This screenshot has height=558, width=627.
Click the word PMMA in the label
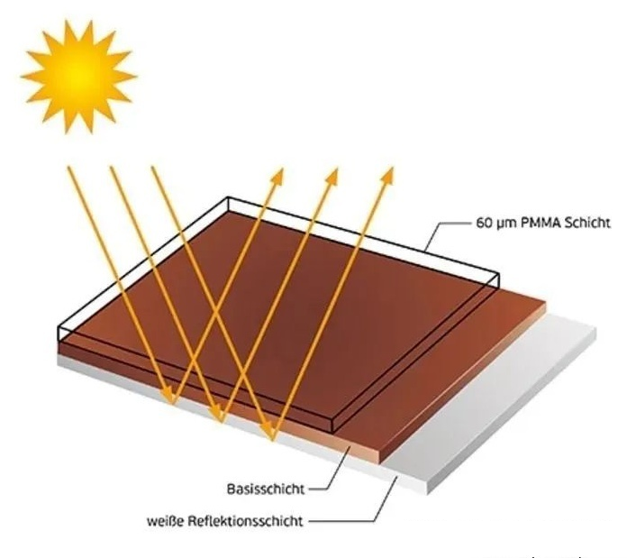point(537,222)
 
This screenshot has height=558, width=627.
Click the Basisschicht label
point(265,489)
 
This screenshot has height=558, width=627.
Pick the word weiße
point(168,520)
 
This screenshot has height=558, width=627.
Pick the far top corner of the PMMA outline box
point(236,195)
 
